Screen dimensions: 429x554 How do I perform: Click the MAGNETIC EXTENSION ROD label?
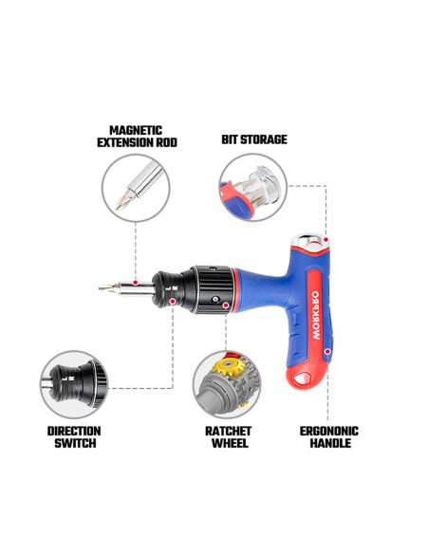tap(137, 137)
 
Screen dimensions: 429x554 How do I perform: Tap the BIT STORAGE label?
tap(254, 139)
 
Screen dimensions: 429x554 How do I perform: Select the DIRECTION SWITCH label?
tap(75, 436)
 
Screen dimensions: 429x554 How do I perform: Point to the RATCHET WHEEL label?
tap(229, 436)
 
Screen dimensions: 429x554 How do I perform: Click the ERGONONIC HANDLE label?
tap(329, 436)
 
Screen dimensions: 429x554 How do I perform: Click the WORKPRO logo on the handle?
tap(316, 315)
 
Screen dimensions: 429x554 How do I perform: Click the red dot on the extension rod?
tap(136, 283)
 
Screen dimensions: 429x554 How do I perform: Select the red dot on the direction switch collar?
tap(172, 301)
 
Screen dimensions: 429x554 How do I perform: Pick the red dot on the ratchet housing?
tap(226, 305)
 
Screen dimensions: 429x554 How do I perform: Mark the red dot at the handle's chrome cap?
tap(326, 240)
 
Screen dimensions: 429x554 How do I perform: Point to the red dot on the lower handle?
tap(327, 352)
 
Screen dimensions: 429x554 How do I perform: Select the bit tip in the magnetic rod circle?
tap(123, 200)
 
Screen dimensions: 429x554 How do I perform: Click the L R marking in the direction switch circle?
tap(67, 379)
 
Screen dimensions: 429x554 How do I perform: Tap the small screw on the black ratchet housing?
tap(215, 300)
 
